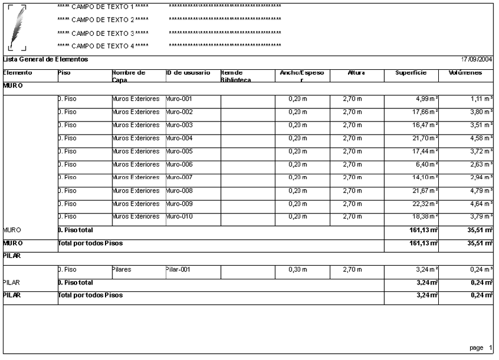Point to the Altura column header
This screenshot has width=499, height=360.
[x=356, y=73]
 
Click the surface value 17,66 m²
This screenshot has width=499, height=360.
[x=424, y=111]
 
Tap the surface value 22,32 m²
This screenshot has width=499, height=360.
[x=424, y=203]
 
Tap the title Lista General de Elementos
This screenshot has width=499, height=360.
[x=45, y=60]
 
